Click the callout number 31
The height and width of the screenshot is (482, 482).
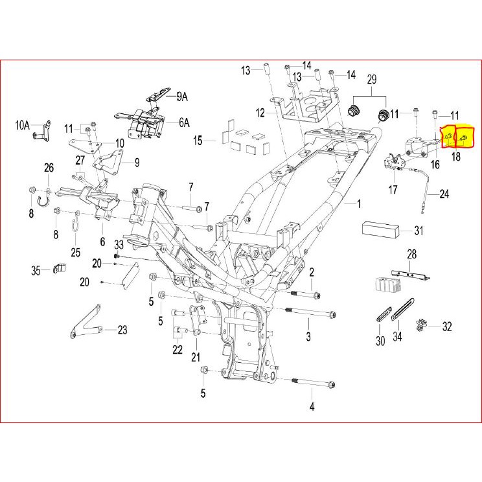coord(419,231)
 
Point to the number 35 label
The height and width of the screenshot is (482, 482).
coord(36,270)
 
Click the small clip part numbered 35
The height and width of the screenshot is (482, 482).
coord(60,268)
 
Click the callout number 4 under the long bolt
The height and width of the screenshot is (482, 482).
coord(312,407)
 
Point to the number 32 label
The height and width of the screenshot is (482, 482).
coord(446,327)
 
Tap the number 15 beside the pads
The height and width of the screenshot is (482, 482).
coord(198,140)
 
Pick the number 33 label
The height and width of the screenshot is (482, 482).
coord(119,244)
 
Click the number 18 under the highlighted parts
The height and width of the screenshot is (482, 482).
coord(456,156)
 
